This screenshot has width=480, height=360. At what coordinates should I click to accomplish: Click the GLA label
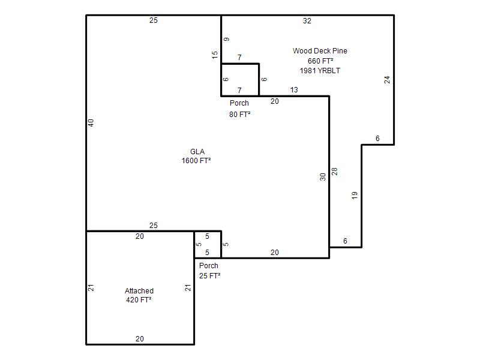197,152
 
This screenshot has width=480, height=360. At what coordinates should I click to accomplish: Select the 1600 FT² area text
196,160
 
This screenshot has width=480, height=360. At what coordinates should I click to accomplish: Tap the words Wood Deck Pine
320,51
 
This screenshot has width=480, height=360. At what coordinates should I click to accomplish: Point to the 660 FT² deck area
320,61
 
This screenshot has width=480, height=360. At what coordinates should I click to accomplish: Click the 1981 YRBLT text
320,70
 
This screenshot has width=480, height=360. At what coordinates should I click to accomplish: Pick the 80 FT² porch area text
239,114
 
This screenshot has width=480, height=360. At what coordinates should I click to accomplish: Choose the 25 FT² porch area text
209,275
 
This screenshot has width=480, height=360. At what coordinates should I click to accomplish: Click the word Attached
139,290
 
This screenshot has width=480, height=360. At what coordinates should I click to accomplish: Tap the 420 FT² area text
139,299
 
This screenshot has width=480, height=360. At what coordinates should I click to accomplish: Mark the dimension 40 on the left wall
91,123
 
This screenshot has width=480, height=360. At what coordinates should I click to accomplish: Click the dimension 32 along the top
307,21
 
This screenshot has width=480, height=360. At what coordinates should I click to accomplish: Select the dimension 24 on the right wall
387,80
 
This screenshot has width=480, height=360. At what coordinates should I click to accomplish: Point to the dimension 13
294,89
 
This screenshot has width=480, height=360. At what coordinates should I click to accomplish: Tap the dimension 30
323,177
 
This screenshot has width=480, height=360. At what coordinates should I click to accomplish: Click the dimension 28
335,171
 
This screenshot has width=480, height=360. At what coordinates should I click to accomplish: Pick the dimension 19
355,196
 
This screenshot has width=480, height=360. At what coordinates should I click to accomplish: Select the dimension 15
215,55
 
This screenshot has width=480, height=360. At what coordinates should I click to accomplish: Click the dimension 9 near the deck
227,39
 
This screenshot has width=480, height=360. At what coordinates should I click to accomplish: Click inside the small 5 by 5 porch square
208,245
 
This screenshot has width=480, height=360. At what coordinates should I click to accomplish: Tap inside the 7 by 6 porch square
240,80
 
